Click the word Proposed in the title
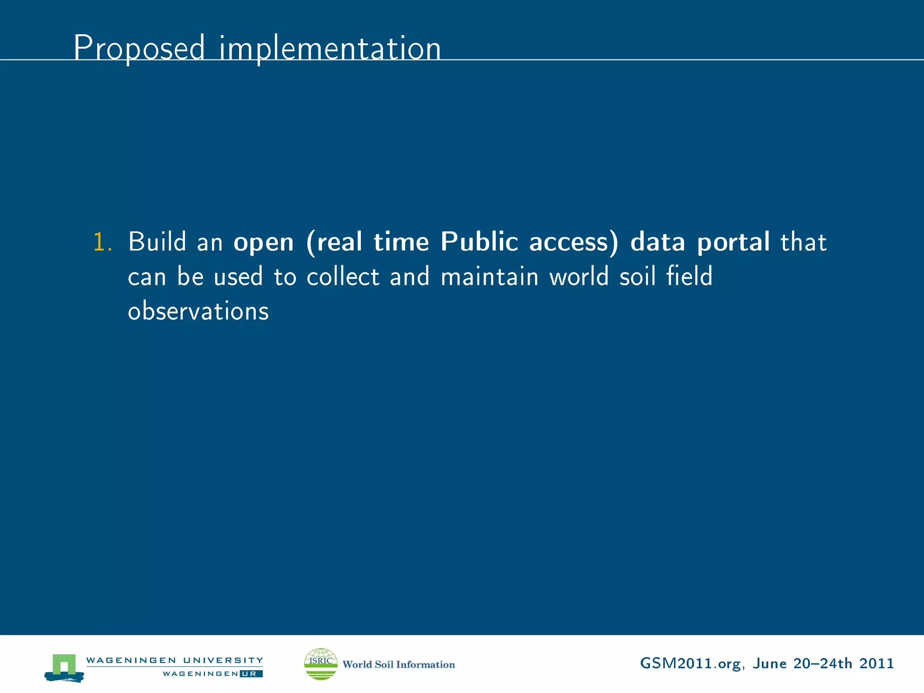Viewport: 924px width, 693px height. point(139,48)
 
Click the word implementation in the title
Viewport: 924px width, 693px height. point(330,48)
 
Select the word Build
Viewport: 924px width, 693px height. point(157,242)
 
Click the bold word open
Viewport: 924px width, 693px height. point(263,243)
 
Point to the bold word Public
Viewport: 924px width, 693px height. point(479,242)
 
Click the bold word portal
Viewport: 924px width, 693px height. point(733,243)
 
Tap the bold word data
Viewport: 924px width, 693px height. point(657,242)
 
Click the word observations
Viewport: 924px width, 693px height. point(198,311)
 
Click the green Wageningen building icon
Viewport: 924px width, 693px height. point(64,667)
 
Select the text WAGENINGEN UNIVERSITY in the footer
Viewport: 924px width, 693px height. point(175,660)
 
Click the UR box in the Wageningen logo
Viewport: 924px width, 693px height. point(251,674)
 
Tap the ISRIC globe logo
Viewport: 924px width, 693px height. point(321,664)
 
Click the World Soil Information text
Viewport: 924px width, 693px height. point(398,665)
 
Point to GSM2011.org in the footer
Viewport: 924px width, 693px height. point(690,664)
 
